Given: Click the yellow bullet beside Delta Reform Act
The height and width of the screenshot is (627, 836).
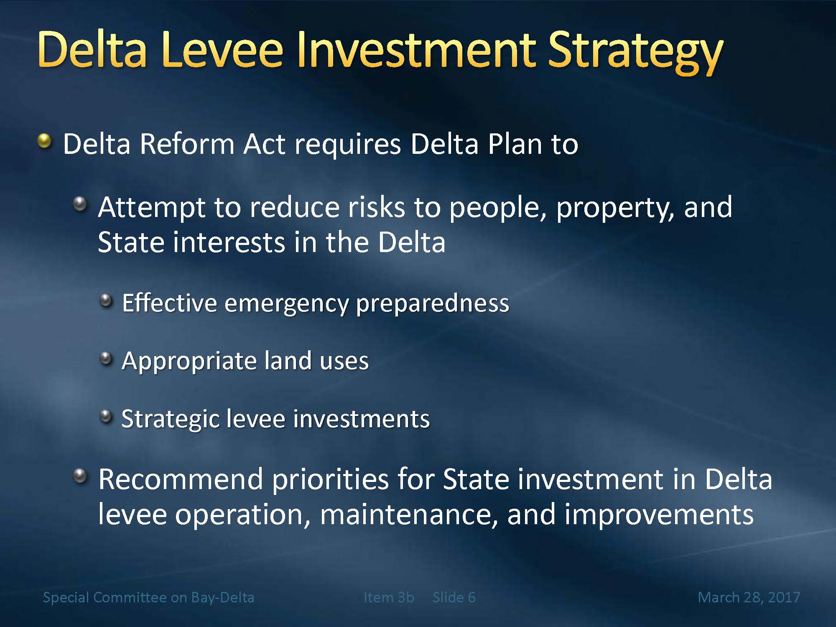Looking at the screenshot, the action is (x=44, y=141).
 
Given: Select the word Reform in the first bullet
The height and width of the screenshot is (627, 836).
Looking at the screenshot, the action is (x=187, y=144).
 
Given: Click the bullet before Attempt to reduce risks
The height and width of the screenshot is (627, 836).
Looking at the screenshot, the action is (x=80, y=204).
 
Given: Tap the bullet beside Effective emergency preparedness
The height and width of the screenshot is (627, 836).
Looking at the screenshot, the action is (x=107, y=301).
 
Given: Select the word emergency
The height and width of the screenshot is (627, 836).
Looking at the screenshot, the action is (x=286, y=304).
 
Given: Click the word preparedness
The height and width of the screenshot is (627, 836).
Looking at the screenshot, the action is (x=433, y=304).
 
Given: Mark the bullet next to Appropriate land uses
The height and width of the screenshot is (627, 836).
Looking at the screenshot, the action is (x=107, y=358).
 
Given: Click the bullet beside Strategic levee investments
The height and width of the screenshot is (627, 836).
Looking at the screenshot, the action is (x=107, y=416).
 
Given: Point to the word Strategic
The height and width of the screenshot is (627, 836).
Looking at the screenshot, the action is (x=170, y=420).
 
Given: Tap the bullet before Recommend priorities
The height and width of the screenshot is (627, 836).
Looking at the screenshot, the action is (x=80, y=476).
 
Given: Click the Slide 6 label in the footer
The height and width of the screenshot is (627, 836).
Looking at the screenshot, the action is (x=454, y=597).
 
